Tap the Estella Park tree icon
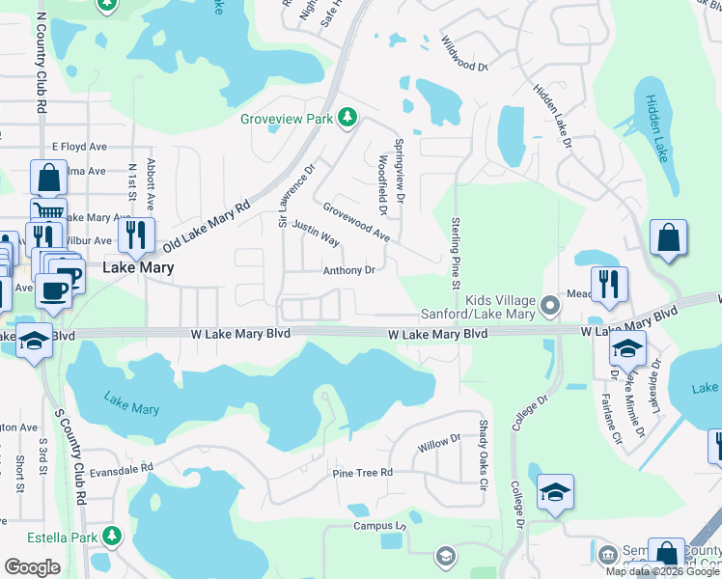tap(113, 535)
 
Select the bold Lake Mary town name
tap(138, 267)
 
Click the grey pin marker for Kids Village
tap(550, 306)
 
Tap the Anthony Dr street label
tap(348, 271)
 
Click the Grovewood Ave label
tap(356, 222)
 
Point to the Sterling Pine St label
tap(455, 252)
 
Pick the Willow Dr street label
tap(440, 443)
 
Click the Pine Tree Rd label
tap(362, 473)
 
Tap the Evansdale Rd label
tap(122, 468)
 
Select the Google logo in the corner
tap(33, 567)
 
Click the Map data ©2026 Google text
tap(661, 571)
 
